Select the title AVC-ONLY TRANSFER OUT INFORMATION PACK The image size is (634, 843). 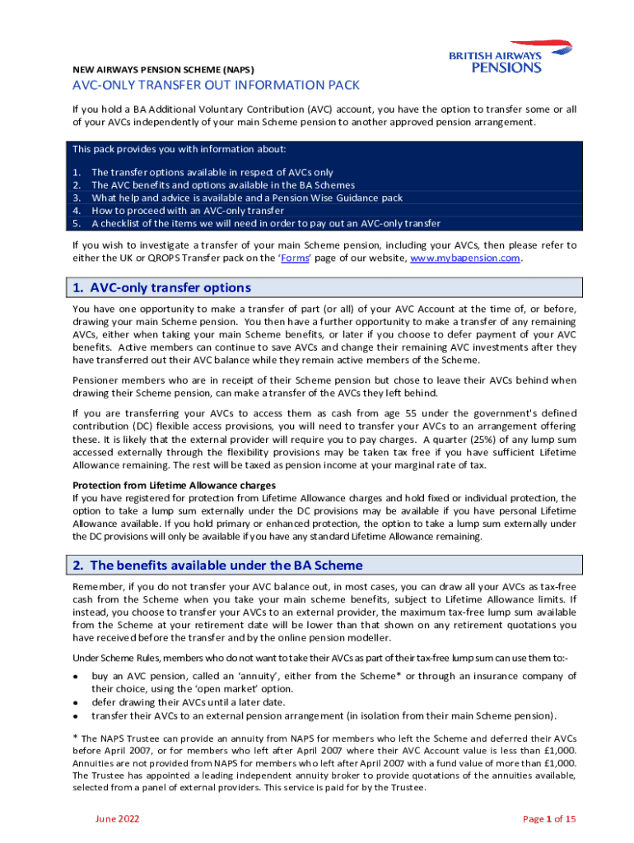[216, 86]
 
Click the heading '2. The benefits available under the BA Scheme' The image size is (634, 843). [217, 566]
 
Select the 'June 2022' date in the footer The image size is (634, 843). [117, 818]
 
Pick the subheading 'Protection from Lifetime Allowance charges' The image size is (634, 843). [175, 485]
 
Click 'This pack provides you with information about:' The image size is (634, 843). [179, 149]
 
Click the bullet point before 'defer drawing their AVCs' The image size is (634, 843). [76, 703]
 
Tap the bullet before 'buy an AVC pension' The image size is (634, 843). [76, 674]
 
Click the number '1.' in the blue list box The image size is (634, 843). [77, 172]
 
